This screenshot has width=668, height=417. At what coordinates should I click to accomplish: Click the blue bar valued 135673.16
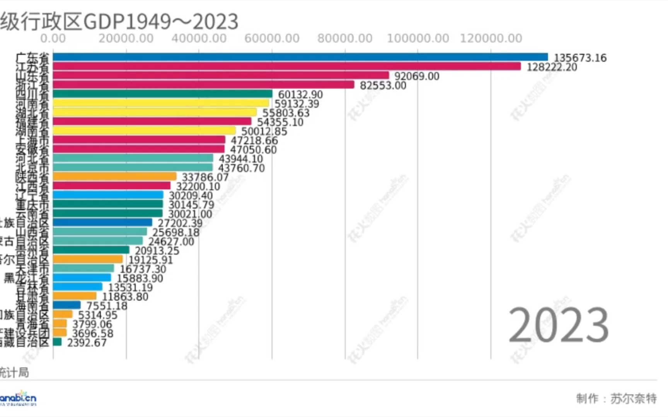coord(300,57)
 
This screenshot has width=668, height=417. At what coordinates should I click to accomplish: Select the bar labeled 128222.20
coord(287,66)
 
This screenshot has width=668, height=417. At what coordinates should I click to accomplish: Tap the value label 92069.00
coord(417,76)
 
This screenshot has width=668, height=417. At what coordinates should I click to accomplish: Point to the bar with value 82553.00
coord(203,85)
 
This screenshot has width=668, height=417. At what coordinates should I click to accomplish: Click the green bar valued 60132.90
coord(162,94)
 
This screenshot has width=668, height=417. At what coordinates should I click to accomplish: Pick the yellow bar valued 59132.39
coord(161,103)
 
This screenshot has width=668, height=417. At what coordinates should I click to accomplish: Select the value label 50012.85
coord(264,131)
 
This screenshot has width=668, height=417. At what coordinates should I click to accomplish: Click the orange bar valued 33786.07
coord(114,176)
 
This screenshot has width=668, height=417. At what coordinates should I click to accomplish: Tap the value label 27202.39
coord(180,223)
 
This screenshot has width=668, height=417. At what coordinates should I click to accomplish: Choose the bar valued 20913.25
coord(91,250)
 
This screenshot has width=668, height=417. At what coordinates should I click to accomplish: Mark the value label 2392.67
coord(87,342)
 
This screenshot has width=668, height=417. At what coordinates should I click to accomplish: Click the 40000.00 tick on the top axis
coord(199,38)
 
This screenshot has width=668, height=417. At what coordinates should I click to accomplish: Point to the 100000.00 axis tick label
coord(418,38)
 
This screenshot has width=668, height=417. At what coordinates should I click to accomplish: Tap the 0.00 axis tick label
coord(53,38)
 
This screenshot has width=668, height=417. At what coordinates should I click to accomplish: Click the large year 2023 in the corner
coord(558,325)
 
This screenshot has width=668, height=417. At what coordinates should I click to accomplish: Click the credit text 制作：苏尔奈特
coord(616,398)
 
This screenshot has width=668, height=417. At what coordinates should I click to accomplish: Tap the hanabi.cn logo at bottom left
coord(18,398)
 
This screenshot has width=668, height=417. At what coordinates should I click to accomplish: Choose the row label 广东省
coord(32,58)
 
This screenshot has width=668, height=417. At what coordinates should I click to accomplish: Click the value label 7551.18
coord(107,306)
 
